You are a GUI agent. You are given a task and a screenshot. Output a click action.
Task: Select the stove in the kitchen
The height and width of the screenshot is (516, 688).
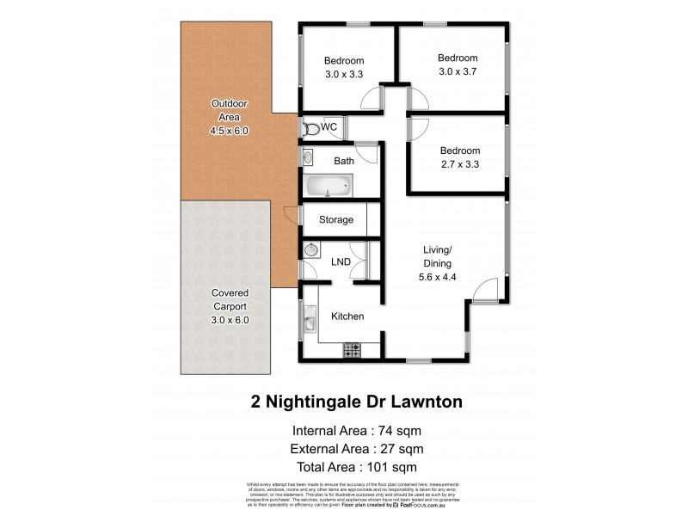click(x=352, y=350)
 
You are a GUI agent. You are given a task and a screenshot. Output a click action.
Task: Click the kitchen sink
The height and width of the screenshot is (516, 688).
click(x=310, y=324)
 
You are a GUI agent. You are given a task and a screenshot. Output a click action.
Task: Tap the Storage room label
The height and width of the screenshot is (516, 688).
click(x=335, y=220)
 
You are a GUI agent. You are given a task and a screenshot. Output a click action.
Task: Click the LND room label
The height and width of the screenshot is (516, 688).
click(x=341, y=261)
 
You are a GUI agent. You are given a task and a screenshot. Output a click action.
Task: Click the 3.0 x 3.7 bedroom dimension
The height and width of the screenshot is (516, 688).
click(x=457, y=65)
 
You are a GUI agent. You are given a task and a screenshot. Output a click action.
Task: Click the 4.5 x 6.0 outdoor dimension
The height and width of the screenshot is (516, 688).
click(x=229, y=131)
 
